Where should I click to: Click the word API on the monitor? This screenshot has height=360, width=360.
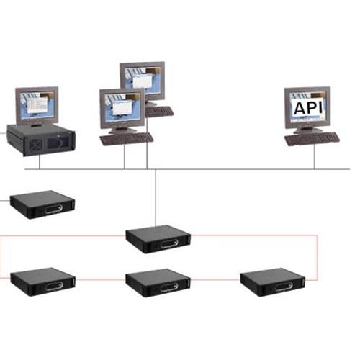308,107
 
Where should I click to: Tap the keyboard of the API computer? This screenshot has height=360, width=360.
312,139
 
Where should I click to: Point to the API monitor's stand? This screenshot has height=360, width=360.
308,130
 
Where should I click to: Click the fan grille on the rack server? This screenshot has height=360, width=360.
35,145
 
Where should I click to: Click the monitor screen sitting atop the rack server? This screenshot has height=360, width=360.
37,106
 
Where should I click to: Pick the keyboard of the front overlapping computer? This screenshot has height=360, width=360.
127,139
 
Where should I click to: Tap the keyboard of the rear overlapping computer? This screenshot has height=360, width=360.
159,112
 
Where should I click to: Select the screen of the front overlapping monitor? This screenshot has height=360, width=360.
122,107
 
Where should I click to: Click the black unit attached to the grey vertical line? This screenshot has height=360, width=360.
158,239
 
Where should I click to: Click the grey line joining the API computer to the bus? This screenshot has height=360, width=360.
314,157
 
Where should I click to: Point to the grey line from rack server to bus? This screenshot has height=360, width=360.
40,162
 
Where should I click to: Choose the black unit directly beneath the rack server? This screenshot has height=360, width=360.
42,204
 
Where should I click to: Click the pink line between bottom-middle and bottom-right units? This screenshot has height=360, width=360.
215,279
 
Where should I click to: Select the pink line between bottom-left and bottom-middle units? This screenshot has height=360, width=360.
100,279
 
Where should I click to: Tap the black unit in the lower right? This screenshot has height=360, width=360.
273,282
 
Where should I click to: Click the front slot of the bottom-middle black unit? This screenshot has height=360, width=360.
169,287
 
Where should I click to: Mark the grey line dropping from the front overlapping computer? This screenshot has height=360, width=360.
125,157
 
